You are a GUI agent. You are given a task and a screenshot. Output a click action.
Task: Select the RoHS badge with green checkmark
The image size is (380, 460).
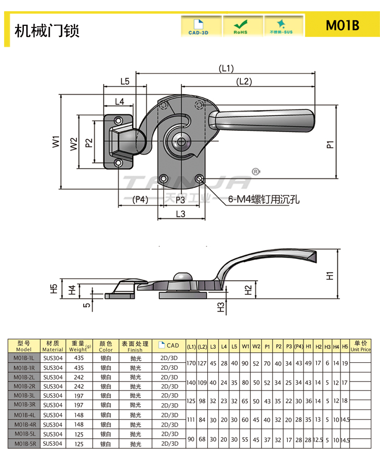240,26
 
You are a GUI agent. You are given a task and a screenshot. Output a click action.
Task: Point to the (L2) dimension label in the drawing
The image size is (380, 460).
244,82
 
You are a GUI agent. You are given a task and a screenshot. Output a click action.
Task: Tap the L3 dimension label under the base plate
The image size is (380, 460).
180,214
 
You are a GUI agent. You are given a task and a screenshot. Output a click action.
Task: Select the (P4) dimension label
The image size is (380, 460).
140,200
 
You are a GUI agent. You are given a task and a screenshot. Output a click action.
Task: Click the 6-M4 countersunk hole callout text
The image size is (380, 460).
263,199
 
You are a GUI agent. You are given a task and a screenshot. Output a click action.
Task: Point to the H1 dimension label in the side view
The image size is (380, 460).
330,276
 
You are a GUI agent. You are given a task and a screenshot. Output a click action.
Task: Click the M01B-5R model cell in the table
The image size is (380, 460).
24,444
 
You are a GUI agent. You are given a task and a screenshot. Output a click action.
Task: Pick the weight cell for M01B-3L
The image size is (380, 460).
79,395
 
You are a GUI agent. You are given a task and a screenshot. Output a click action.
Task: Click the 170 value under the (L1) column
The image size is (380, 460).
192,363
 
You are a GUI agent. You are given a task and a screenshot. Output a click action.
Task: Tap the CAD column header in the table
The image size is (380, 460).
169,346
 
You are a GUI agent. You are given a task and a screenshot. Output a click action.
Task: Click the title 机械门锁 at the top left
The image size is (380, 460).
47,30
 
